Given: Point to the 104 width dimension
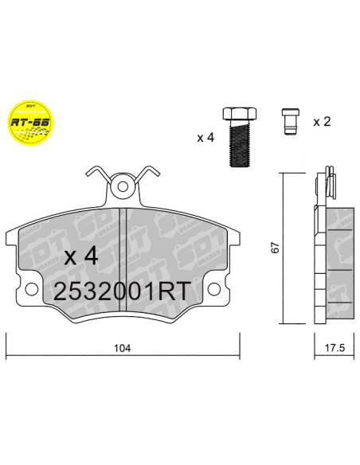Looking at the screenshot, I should (x=122, y=348).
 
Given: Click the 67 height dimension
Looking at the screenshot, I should (x=275, y=248).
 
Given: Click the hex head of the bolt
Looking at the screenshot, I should (x=237, y=114).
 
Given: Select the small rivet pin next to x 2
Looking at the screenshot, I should (x=291, y=123).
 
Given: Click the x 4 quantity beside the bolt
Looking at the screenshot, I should (x=205, y=138).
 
